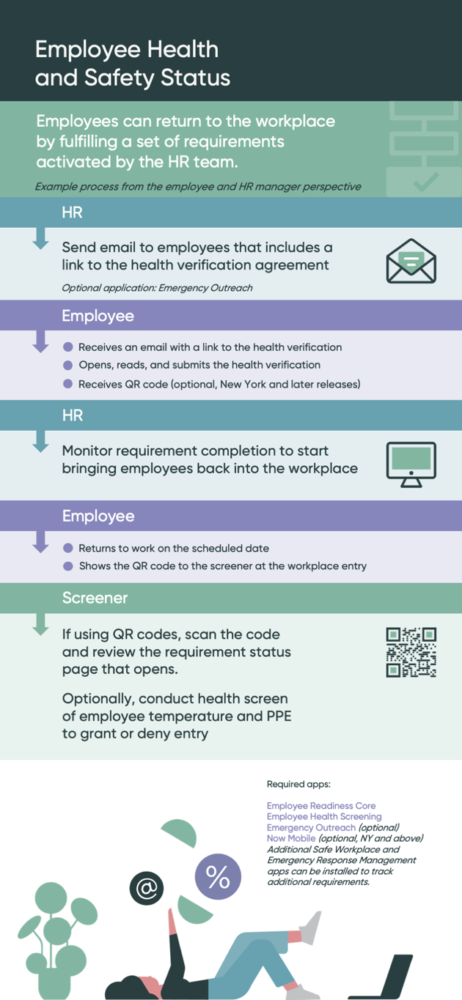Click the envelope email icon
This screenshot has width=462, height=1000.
coord(411,261)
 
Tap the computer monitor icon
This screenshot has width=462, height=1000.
coord(411,464)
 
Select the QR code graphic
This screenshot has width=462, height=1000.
coord(411,652)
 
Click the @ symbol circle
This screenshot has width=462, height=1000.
coord(147,888)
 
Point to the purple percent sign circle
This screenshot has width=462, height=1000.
coord(218,876)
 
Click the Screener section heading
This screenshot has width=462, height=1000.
coord(95,598)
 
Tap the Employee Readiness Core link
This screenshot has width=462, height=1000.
coord(320,805)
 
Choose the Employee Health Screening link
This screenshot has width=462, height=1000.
coord(324,816)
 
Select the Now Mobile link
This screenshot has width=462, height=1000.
coord(291,838)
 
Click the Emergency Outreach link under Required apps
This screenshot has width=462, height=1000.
coord(311,827)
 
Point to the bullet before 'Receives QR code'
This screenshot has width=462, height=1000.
coord(68,384)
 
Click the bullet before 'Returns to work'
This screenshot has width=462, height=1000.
coord(68,548)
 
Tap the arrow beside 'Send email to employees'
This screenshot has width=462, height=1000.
coord(40,238)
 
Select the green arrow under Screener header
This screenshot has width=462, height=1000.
coord(40,624)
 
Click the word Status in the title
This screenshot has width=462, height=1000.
coord(195,77)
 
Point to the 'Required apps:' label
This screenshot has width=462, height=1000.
coord(298,784)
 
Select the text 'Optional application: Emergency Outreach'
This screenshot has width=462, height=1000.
coord(157,288)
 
